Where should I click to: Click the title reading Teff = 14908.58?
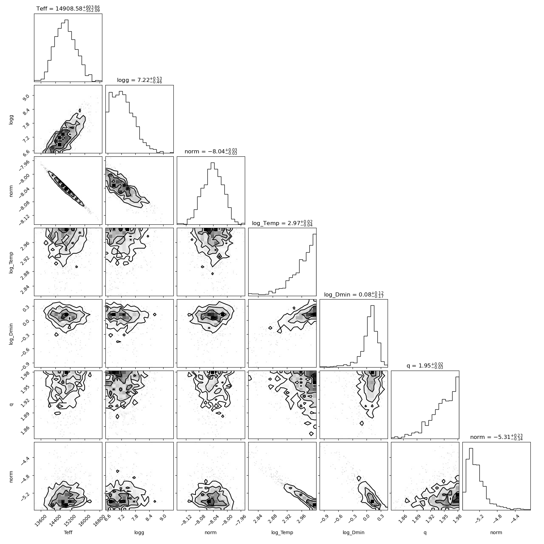tap(68, 8)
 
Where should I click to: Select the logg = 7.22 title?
tap(139, 80)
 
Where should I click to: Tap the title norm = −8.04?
tap(211, 151)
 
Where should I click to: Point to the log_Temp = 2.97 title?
tap(282, 223)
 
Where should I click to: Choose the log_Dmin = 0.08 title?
tap(354, 294)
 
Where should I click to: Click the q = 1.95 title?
tap(425, 365)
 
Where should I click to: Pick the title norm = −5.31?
tap(496, 437)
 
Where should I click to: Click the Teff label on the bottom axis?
tap(68, 532)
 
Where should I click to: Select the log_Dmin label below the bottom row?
tap(354, 533)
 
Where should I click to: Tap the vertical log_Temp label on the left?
tap(11, 262)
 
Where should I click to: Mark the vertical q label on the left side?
tap(11, 405)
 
